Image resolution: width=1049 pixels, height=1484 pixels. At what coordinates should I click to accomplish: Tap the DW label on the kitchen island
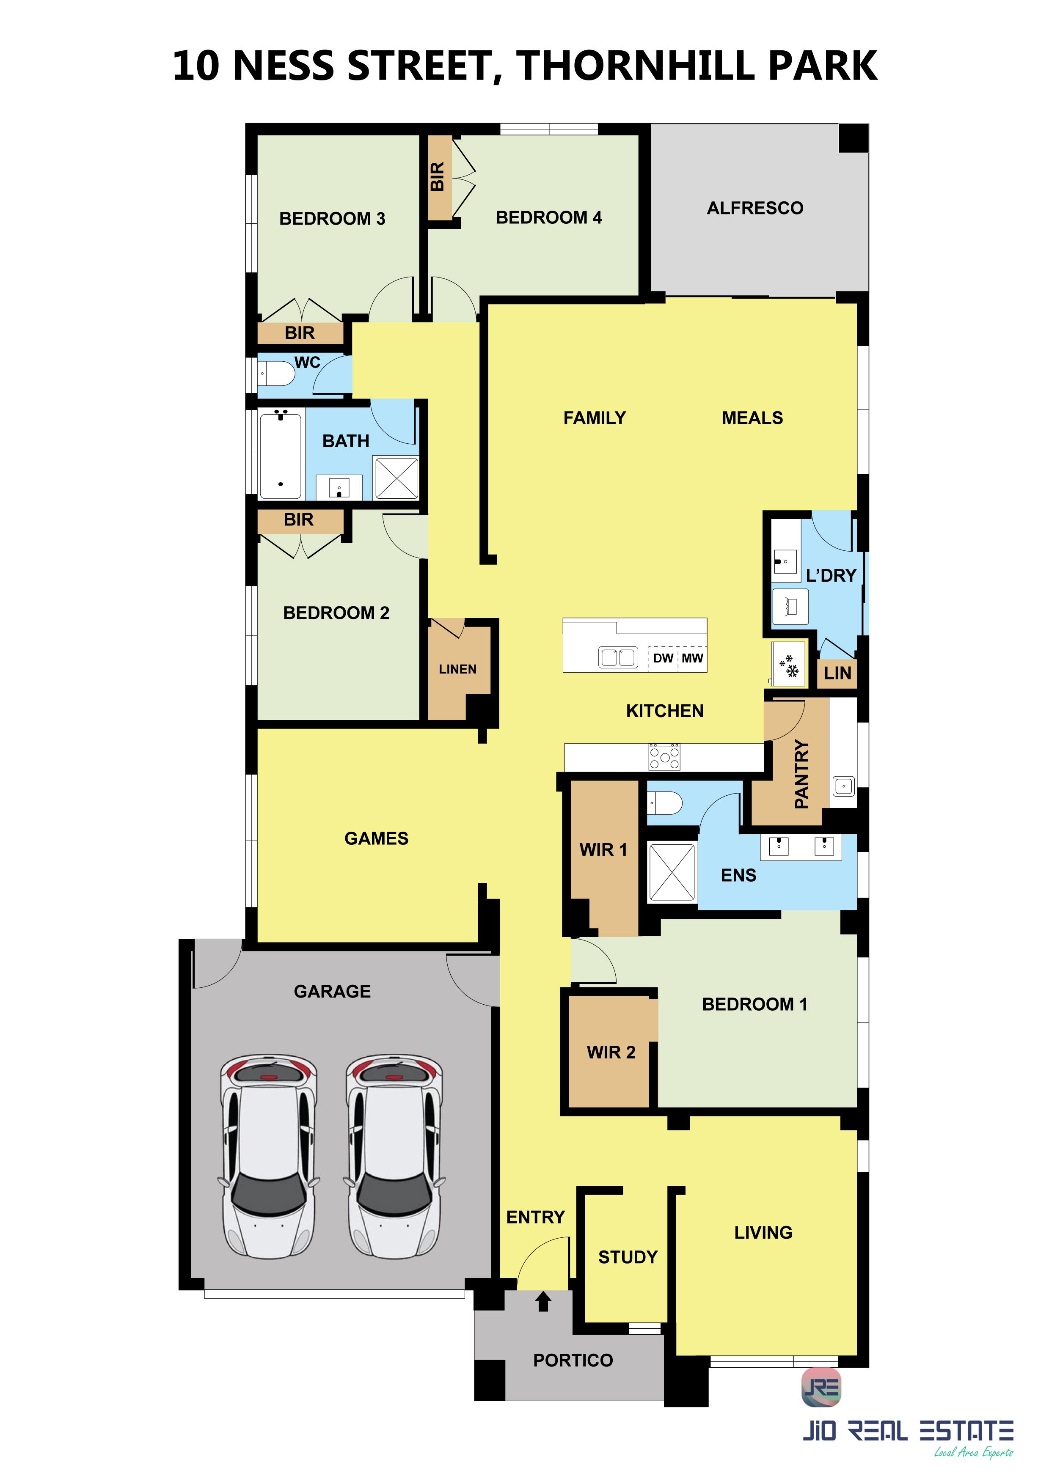coord(663,658)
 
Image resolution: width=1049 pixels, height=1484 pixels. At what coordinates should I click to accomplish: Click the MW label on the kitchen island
coord(692,658)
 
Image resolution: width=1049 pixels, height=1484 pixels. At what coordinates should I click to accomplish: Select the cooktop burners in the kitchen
coord(664,756)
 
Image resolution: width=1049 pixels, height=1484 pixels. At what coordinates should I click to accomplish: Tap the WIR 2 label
coord(611,1052)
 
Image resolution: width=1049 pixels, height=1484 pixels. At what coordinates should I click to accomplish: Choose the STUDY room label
coord(628,1257)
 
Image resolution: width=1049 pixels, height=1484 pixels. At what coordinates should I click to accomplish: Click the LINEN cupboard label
coord(457,669)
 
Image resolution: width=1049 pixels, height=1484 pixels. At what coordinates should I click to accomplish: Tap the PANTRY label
coord(801,774)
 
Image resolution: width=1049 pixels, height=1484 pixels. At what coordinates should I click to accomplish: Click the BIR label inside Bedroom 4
coord(438,176)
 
